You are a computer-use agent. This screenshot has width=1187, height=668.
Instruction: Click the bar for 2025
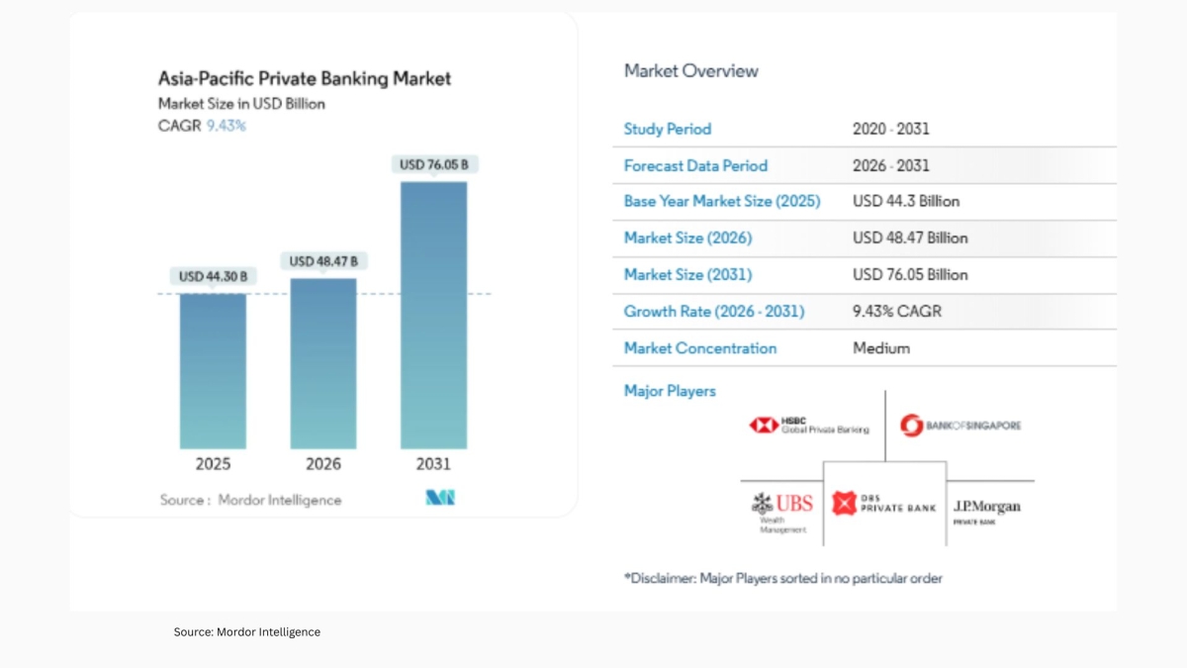213,371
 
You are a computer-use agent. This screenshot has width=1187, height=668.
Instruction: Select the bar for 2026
323,363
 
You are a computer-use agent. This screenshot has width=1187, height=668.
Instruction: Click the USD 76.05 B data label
433,164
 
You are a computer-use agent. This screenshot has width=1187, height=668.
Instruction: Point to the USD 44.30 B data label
213,276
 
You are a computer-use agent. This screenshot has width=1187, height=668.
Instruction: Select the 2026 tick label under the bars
323,464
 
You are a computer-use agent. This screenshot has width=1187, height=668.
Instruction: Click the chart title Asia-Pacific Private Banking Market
305,78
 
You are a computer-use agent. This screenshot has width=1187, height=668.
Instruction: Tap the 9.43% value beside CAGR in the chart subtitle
226,126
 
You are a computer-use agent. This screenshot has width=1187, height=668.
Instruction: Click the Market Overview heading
691,71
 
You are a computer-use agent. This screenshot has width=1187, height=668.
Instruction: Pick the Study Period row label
668,129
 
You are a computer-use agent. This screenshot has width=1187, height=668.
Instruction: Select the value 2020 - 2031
891,129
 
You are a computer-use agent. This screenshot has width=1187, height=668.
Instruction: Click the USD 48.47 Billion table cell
910,239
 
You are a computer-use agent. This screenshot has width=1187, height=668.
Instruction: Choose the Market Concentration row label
700,348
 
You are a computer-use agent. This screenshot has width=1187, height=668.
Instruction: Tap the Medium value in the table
881,348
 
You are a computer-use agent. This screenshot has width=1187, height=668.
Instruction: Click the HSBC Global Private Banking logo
809,425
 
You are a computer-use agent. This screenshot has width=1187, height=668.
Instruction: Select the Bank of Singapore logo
960,426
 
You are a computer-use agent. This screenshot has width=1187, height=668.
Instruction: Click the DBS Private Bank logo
884,503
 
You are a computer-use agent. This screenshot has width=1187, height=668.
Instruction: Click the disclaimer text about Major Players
782,578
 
